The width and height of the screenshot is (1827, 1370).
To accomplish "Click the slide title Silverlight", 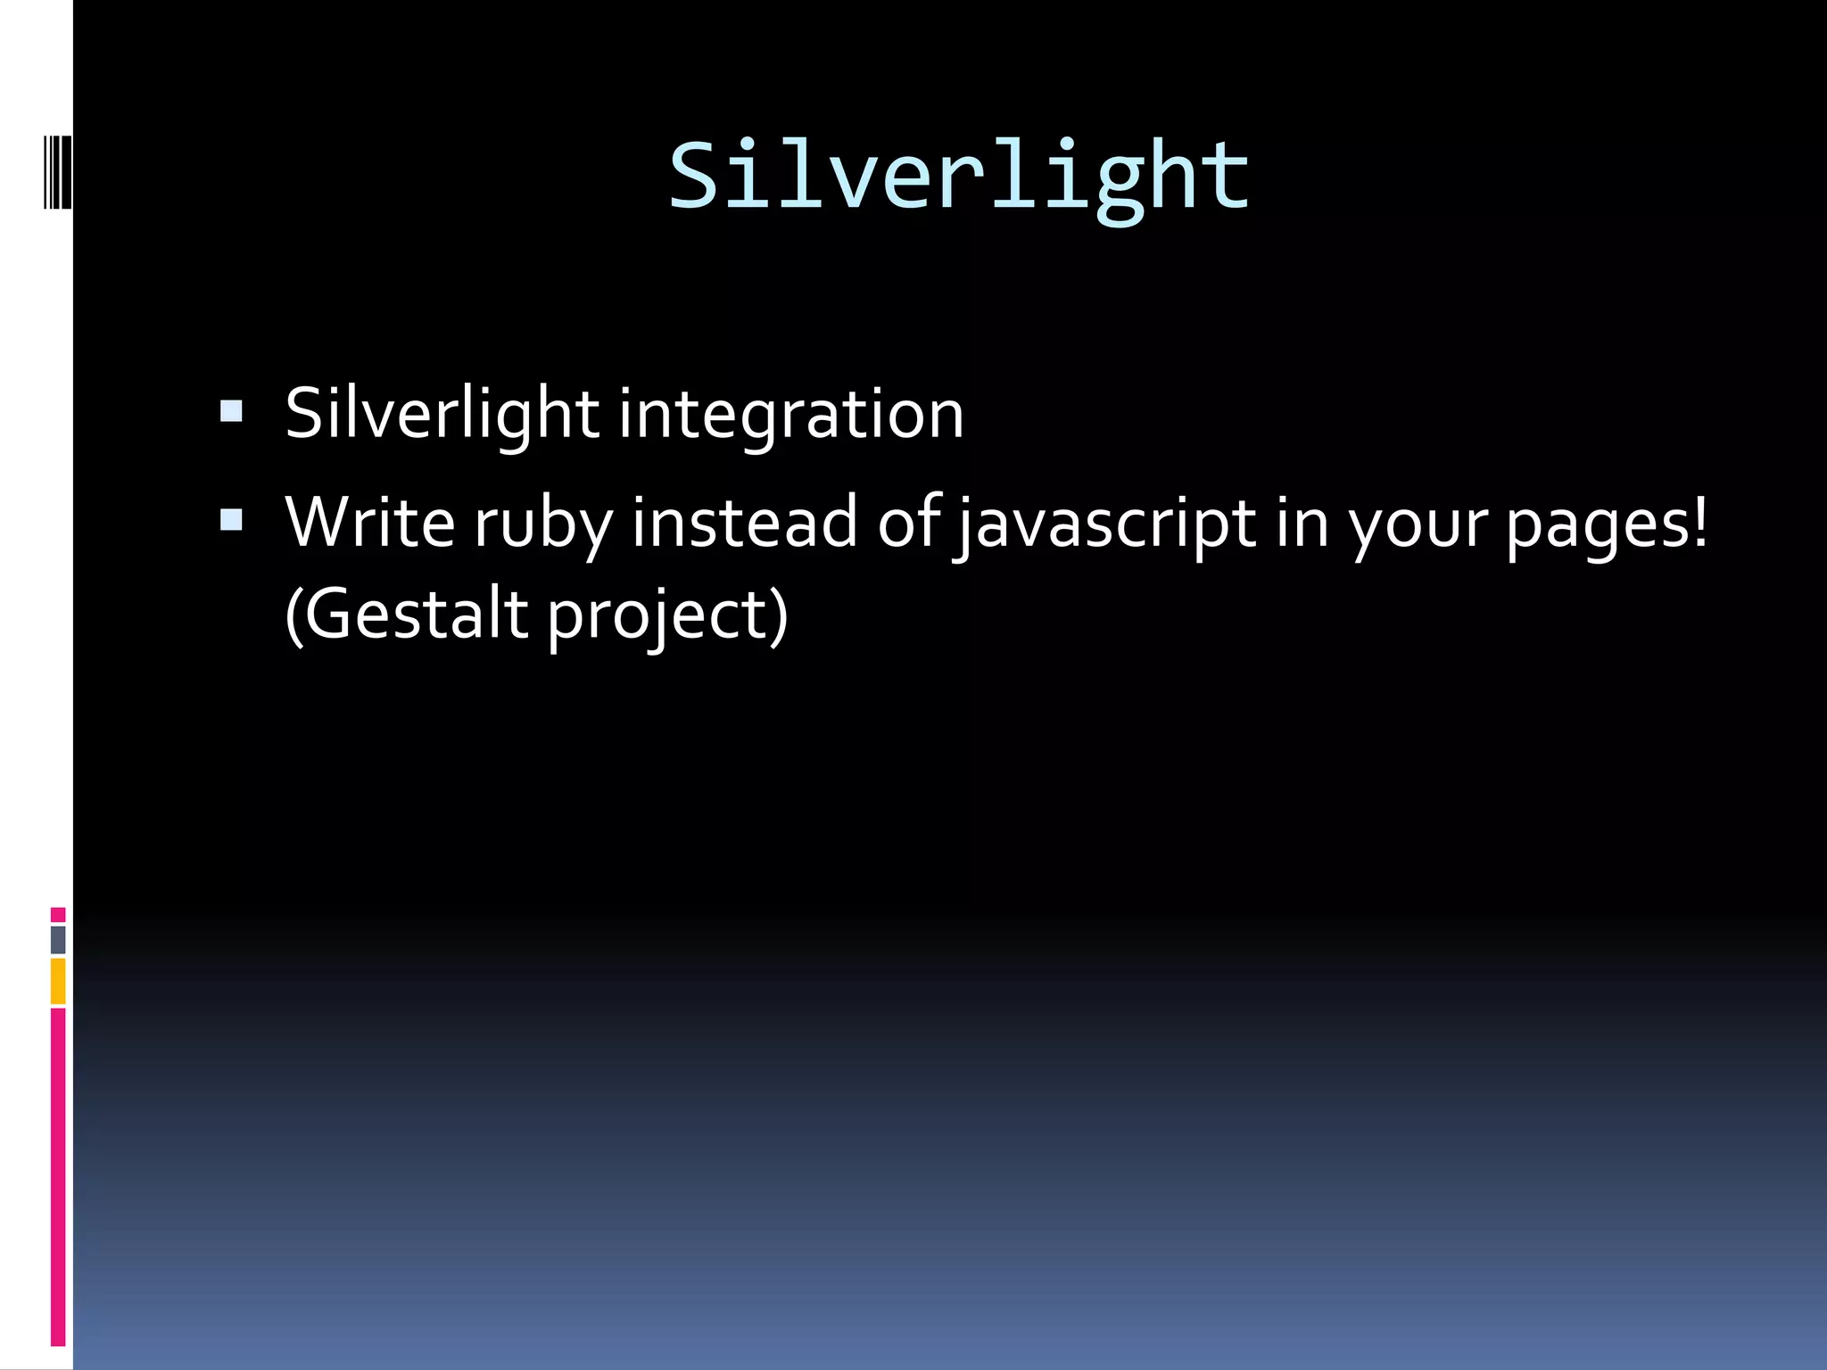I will [959, 177].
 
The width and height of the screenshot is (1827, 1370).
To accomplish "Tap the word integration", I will [790, 415].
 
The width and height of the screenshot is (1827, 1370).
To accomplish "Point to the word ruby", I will [543, 524].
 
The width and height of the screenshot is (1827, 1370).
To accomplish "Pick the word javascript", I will [1105, 524].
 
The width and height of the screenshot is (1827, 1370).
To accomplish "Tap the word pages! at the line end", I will [1607, 524].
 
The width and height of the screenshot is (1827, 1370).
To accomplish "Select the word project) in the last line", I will [667, 616].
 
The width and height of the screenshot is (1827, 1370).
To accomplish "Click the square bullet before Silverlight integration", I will [231, 411].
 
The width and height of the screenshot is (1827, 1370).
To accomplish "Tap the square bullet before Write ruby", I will [231, 520].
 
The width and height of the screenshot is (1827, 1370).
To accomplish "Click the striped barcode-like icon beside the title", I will [58, 171].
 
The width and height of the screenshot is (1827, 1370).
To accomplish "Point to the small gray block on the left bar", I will [58, 939].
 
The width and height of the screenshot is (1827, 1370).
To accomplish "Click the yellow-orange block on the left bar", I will [58, 981].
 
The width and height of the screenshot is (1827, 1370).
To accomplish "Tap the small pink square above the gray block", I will [58, 914].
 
